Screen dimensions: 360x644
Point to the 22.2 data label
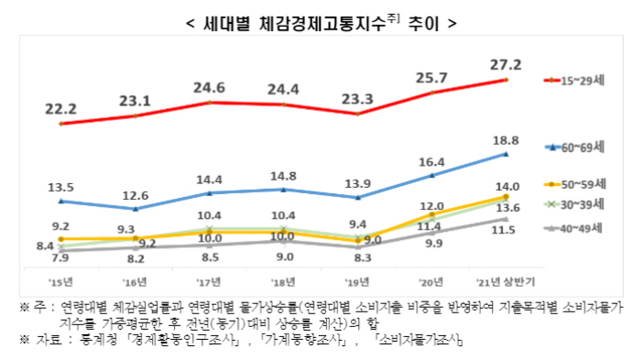coord(60,108)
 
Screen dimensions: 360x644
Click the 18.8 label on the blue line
coord(507,139)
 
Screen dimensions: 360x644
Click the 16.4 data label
coord(431,161)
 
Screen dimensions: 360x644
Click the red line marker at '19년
coord(357,115)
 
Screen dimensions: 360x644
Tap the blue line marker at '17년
coord(210,193)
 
